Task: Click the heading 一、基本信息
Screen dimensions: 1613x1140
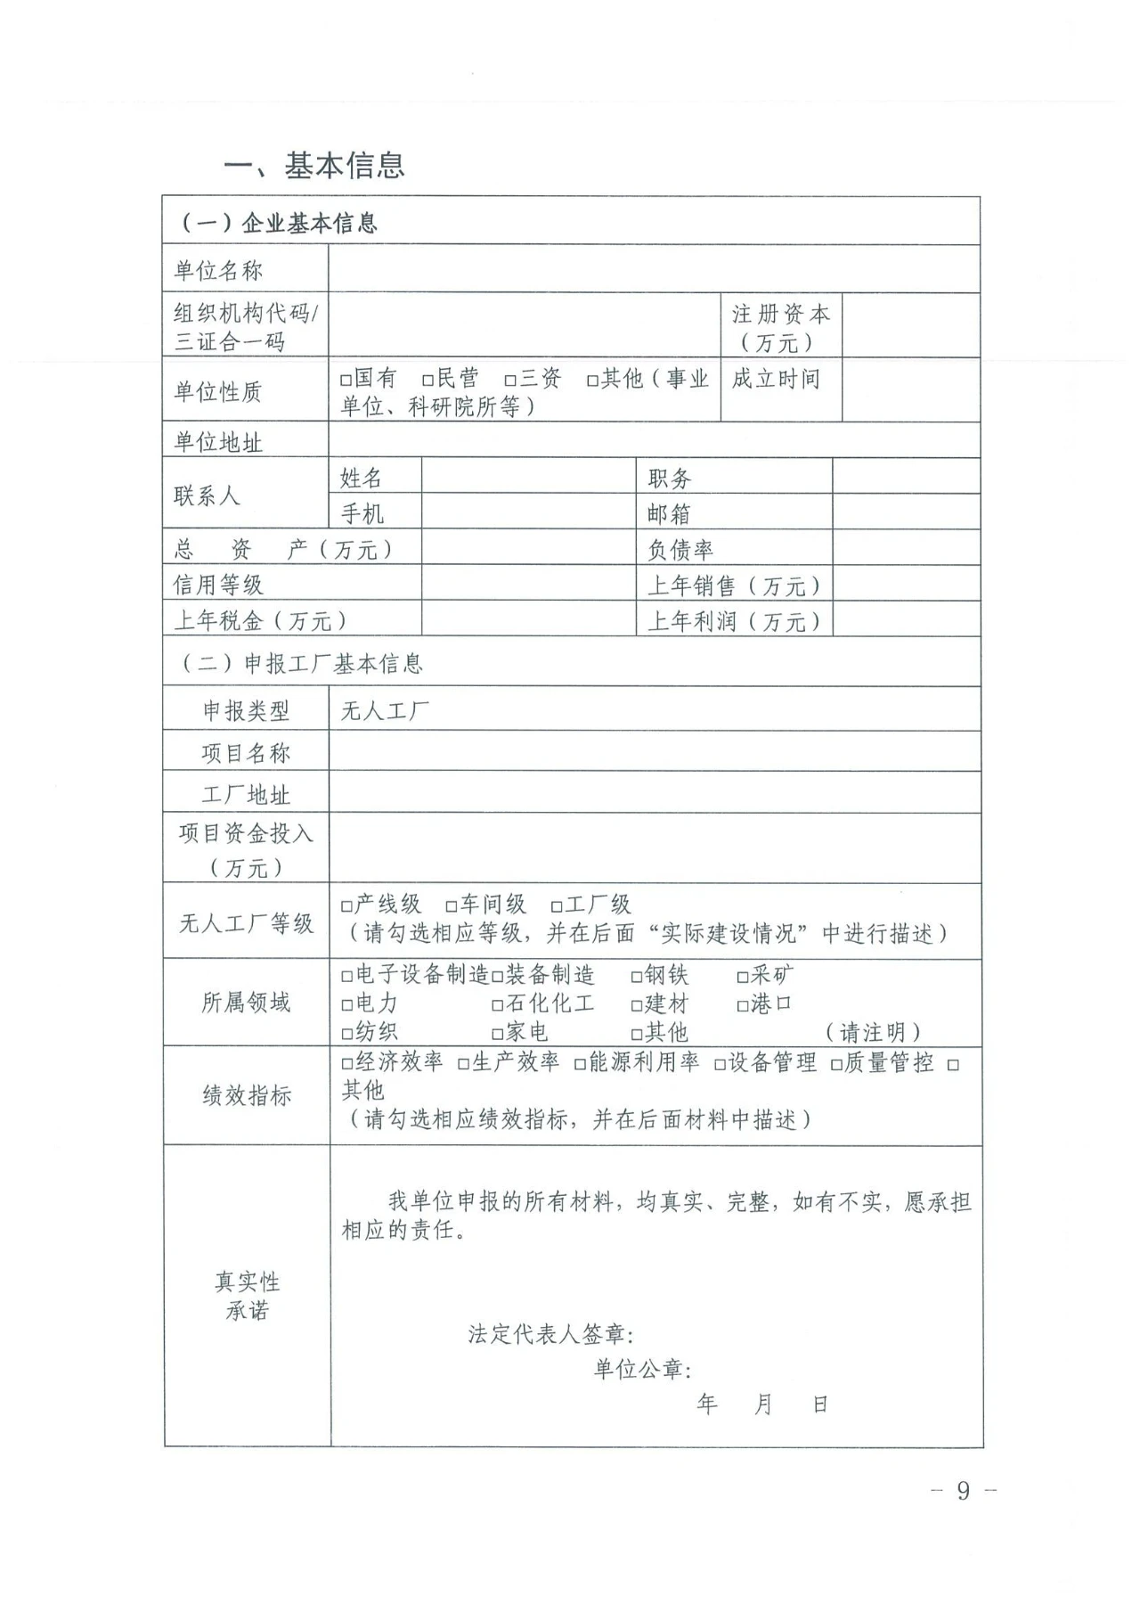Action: pos(314,166)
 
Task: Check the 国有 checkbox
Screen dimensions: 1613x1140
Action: pos(346,381)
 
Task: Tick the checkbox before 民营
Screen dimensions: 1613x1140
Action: pos(428,381)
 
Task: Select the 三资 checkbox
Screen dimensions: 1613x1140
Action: pos(510,381)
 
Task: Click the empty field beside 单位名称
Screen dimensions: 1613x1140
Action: pos(653,269)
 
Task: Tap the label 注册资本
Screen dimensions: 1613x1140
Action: pos(780,315)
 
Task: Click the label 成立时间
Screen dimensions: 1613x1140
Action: pos(776,380)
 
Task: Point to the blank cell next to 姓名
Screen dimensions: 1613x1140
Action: pos(528,477)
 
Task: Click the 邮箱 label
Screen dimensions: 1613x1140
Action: pos(669,513)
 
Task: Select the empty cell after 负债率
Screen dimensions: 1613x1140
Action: pos(906,548)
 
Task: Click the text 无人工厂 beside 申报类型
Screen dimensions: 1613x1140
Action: pos(386,710)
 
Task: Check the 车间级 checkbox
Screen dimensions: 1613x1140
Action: pos(452,906)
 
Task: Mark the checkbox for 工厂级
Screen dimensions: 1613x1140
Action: pos(557,906)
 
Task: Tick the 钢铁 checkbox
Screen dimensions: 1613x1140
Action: pos(637,977)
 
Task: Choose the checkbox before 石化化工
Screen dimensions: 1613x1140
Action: pos(498,1005)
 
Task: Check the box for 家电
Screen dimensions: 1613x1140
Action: pos(498,1034)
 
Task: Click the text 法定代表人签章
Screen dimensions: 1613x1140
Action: pos(550,1334)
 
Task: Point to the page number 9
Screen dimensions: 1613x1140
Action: pos(963,1491)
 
